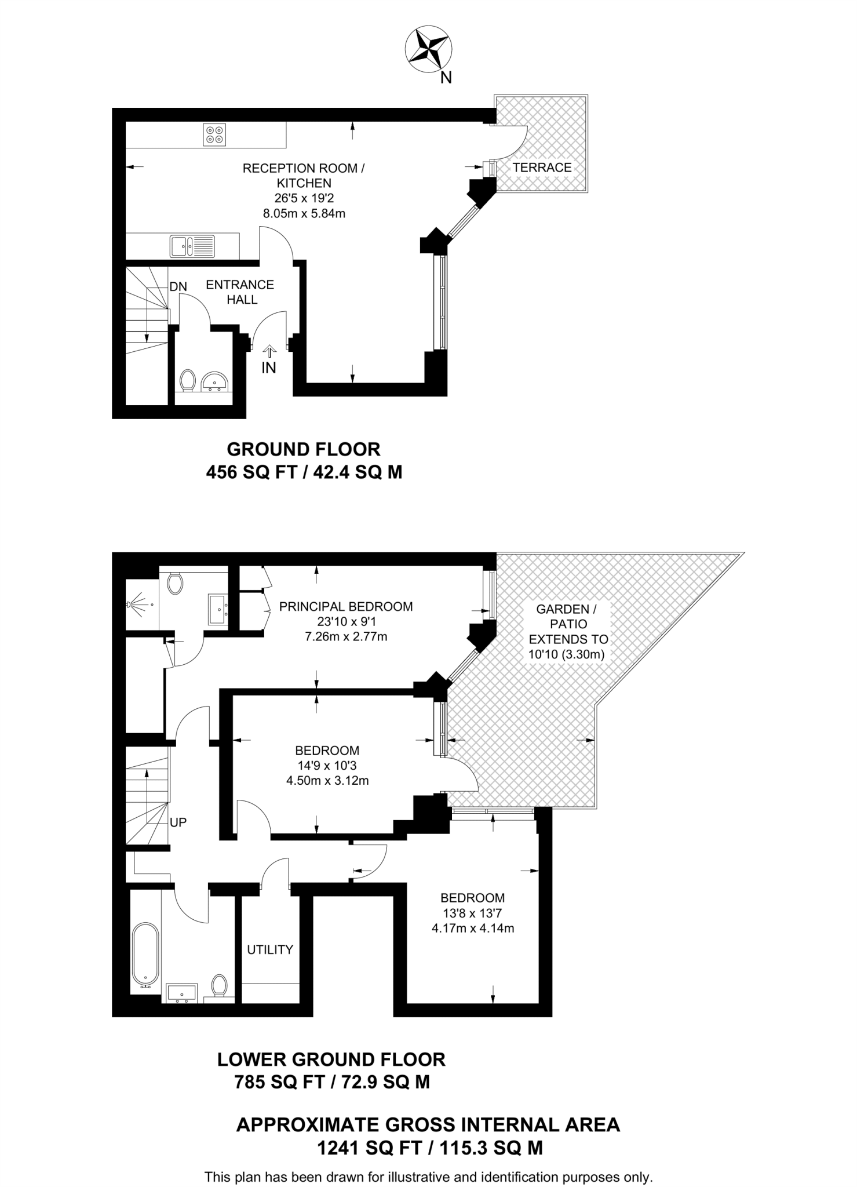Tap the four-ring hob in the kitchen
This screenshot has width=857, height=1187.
pyautogui.click(x=214, y=135)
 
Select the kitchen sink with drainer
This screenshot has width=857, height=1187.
pyautogui.click(x=192, y=246)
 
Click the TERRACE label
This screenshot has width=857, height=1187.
pyautogui.click(x=542, y=168)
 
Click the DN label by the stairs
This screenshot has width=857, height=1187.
pyautogui.click(x=178, y=286)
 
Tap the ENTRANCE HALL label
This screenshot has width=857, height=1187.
pyautogui.click(x=240, y=292)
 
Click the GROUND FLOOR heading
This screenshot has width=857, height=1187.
pyautogui.click(x=303, y=449)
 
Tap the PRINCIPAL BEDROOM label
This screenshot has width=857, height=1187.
pyautogui.click(x=346, y=607)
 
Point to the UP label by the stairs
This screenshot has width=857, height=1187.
pyautogui.click(x=178, y=822)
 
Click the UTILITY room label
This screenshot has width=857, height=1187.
pyautogui.click(x=270, y=949)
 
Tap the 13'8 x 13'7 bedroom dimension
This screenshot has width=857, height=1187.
pyautogui.click(x=472, y=913)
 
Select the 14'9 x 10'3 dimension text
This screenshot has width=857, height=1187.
pyautogui.click(x=327, y=766)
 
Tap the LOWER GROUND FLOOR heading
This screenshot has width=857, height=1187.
pyautogui.click(x=331, y=1059)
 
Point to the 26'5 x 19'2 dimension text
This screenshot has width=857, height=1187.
pyautogui.click(x=304, y=198)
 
